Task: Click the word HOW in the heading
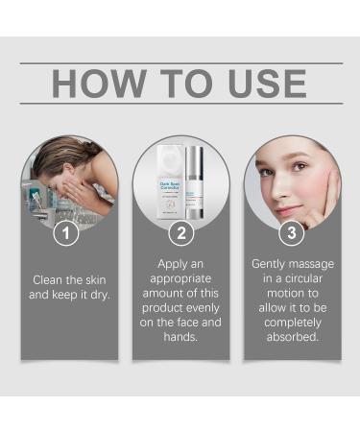point(94,84)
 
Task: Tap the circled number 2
point(180,233)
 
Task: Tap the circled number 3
point(292,233)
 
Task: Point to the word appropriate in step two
point(180,278)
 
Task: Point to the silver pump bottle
point(197,182)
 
